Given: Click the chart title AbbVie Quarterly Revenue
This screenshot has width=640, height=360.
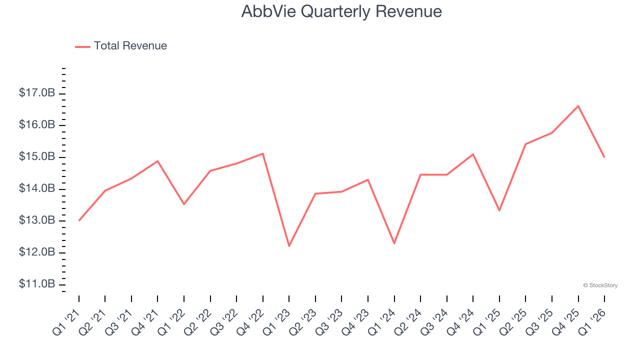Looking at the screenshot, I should pos(341,11).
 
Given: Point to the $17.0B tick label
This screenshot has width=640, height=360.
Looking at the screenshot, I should pos(37,93).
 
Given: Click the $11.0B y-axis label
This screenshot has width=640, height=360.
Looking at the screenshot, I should pos(37,284).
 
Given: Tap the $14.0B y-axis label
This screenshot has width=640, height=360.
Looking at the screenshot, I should pos(37,188).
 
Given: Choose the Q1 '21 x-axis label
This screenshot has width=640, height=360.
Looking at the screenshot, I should pos(66,321).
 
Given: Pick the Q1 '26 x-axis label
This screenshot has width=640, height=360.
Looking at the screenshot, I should pos(591,321).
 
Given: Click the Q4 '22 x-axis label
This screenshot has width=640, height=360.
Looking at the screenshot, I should pos(250,321).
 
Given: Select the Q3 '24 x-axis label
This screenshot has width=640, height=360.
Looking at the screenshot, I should pos(434,321).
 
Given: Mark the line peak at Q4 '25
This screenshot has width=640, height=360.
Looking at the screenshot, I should pos(578,106).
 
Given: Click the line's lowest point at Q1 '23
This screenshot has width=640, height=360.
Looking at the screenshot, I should pos(289,246).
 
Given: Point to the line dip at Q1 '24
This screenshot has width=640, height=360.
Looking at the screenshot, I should pos(394,243).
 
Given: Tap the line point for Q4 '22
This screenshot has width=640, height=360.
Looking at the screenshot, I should pos(263,153).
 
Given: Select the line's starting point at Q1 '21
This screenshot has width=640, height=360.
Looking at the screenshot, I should pos(79,220).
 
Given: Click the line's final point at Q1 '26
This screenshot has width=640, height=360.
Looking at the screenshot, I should pos(604,157).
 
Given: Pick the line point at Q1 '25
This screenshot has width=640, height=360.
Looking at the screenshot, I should pos(499,210).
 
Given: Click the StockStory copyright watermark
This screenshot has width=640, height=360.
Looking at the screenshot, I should pos(600,285).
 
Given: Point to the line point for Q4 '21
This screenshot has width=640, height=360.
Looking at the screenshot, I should pos(157,161).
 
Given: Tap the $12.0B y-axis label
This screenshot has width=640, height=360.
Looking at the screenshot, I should pos(37,252).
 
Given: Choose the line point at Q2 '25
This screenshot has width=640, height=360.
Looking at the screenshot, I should pos(525,144).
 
